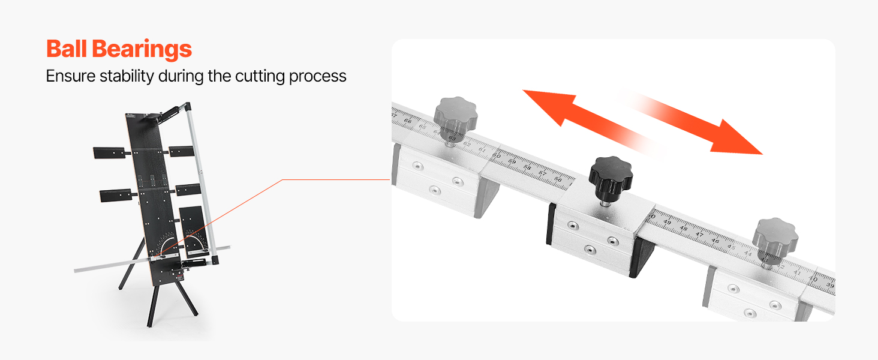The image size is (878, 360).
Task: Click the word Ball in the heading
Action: [66, 49]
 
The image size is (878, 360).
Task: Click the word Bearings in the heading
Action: [142, 50]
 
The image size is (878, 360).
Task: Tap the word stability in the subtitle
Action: [127, 76]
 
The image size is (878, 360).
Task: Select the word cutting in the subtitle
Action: [260, 76]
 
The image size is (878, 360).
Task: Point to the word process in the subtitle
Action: [318, 77]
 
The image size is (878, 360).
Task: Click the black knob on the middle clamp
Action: [611, 178]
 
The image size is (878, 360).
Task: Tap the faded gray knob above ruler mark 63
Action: [455, 118]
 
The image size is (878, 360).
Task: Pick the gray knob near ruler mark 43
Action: [775, 239]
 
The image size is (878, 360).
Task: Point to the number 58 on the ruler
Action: [527, 167]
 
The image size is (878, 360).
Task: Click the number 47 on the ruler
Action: [699, 235]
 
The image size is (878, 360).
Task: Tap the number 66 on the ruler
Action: [408, 121]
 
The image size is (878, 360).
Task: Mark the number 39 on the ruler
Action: [830, 285]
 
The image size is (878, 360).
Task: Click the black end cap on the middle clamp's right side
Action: [642, 257]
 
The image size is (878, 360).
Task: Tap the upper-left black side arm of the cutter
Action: [109, 152]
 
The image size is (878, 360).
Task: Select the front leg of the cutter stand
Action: [152, 307]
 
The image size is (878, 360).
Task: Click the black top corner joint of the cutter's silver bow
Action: [187, 106]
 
